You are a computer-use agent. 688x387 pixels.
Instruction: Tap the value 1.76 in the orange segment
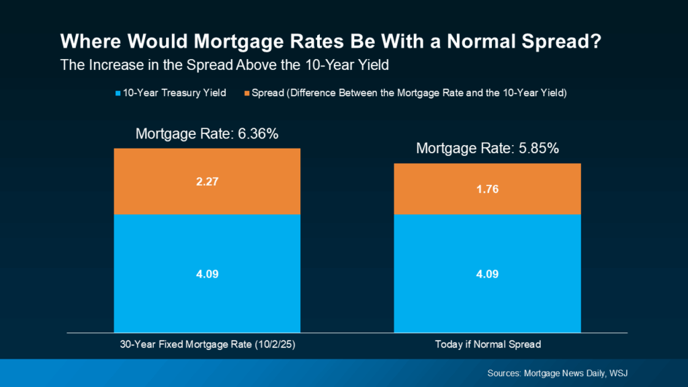click(486, 189)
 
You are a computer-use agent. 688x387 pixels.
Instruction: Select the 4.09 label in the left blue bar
click(207, 274)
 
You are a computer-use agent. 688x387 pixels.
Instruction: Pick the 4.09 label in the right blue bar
click(486, 274)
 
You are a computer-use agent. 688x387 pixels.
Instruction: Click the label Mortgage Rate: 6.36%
click(207, 133)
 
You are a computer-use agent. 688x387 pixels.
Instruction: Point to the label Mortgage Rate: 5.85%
click(487, 148)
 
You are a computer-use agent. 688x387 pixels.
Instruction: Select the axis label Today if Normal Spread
click(486, 345)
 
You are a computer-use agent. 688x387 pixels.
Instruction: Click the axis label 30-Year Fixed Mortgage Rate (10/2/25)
click(207, 345)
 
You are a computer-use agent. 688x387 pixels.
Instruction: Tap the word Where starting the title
click(86, 42)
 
